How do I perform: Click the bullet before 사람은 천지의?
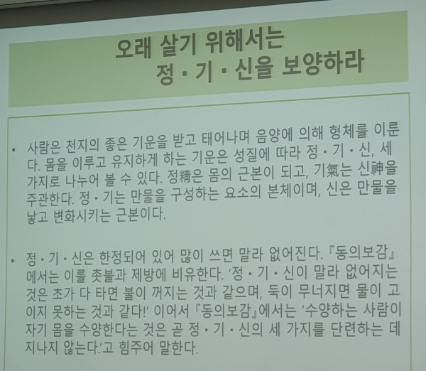pos(15,152)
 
